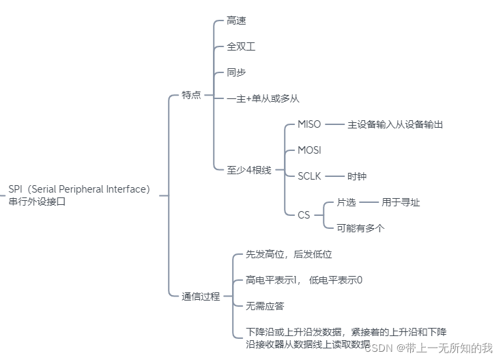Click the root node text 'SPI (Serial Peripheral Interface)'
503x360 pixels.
point(79,189)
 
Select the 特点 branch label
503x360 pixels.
point(191,96)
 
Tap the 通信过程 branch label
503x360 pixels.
point(201,296)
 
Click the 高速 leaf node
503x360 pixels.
point(236,21)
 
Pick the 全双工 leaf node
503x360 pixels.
point(241,47)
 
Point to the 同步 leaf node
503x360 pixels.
point(236,72)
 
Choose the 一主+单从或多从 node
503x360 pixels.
point(263,98)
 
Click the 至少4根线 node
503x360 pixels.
point(249,170)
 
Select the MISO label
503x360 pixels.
point(309,124)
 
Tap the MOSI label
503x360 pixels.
point(309,150)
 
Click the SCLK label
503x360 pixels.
point(309,176)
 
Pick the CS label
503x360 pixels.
point(304,214)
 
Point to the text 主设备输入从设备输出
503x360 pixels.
point(395,125)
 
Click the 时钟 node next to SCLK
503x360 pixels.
point(357,176)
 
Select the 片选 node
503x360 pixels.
point(347,202)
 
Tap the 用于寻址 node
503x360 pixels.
point(401,202)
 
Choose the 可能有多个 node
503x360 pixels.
point(360,228)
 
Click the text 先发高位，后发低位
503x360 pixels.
point(289,254)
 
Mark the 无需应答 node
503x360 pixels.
point(265,305)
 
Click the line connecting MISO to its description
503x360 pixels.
point(334,124)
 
